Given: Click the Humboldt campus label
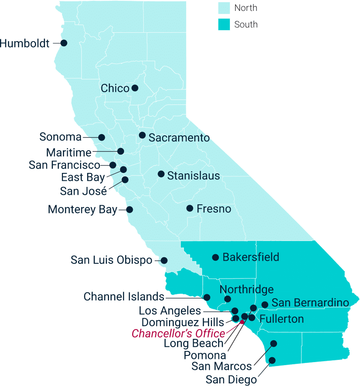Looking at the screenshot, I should click(x=25, y=43).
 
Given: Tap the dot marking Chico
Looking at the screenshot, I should click(x=135, y=88).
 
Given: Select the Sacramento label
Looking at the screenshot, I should click(x=179, y=138).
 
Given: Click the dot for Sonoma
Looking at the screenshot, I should click(x=102, y=137).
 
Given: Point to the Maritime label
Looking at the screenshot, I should click(x=69, y=153).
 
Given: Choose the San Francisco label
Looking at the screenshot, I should click(x=64, y=165).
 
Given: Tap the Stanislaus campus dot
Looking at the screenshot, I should click(x=161, y=174).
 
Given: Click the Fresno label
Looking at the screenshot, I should click(x=214, y=209).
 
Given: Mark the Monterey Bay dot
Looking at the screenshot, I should click(x=129, y=209).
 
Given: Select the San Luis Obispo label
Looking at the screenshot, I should click(x=111, y=260).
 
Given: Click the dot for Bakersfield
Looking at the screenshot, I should click(x=215, y=257).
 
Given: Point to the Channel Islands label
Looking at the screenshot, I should click(x=124, y=297).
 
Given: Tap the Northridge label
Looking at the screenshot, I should click(x=246, y=289).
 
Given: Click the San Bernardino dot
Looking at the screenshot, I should click(x=265, y=305).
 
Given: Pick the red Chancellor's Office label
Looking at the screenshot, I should click(x=179, y=334).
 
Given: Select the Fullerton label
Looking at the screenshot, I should click(x=281, y=319).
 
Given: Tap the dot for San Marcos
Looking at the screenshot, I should click(x=273, y=344).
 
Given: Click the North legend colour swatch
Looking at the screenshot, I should click(x=224, y=8).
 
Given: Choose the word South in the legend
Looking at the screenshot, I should click(x=246, y=24).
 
